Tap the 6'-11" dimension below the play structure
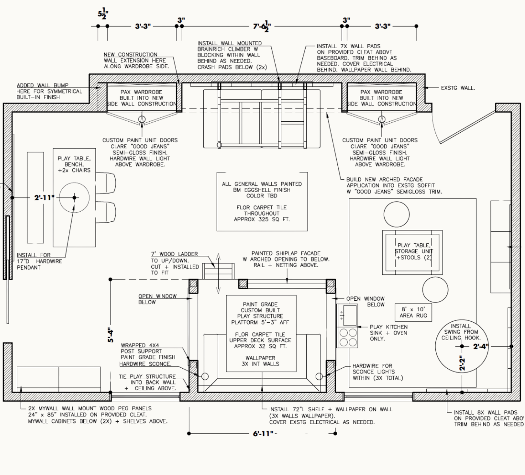263,434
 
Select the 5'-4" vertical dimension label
111,335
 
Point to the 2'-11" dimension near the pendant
44,198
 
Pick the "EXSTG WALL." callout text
458,88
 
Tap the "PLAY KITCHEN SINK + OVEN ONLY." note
388,333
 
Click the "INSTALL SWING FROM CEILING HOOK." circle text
461,332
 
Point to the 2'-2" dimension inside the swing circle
463,364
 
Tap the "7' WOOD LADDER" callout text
174,254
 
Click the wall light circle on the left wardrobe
142,119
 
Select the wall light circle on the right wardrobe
382,119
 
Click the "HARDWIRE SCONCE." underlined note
145,364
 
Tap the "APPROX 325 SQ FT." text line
262,219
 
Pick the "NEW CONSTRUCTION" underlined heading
130,54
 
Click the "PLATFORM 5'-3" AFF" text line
260,322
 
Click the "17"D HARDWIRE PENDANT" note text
39,261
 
